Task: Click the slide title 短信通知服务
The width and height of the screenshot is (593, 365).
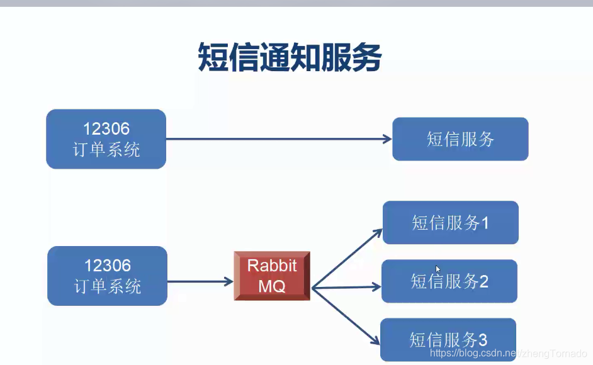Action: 290,57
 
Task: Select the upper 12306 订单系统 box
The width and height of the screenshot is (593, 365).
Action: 106,139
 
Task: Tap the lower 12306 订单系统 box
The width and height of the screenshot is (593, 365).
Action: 108,276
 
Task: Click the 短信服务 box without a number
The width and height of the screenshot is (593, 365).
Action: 460,139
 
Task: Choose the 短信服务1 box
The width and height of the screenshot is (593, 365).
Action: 451,222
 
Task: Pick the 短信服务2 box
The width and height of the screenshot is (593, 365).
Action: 449,281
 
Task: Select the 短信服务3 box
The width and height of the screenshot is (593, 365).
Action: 448,340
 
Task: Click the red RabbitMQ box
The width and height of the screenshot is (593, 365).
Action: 272,276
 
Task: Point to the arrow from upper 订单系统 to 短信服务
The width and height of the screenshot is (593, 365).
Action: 279,139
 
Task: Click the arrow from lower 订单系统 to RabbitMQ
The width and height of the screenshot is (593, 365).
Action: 200,281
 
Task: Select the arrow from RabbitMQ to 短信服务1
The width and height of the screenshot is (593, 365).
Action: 347,259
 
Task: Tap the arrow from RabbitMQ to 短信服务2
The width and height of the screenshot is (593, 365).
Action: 346,288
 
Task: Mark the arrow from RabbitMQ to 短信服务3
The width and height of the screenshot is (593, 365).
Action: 346,316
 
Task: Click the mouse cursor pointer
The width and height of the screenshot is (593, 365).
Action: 438,269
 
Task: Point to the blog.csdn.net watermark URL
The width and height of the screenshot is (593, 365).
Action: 508,353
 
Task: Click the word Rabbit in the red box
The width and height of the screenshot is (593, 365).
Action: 272,265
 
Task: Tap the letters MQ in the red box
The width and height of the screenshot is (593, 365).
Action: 272,286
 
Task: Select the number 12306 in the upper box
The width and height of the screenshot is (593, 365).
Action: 106,128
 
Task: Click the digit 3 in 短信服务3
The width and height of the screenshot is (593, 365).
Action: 483,340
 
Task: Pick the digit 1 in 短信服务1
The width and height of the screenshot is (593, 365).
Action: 485,223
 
